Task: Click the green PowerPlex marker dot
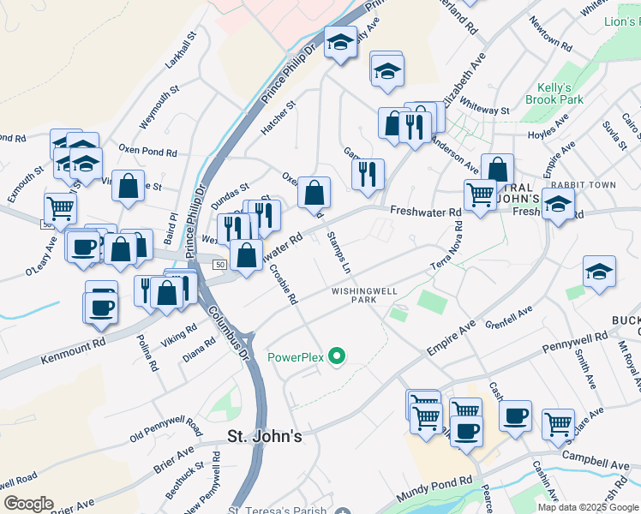[337, 356]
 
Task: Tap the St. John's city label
[265, 436]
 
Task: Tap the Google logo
[28, 503]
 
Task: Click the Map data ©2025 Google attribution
[588, 507]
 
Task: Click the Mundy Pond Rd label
[435, 490]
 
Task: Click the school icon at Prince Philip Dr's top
[340, 42]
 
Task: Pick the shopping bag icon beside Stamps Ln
[315, 193]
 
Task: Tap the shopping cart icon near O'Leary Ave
[59, 207]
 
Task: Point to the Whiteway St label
[484, 106]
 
